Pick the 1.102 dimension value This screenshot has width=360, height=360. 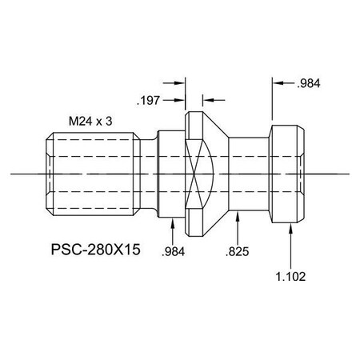point(290,276)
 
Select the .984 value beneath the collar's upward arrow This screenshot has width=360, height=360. point(173,250)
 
